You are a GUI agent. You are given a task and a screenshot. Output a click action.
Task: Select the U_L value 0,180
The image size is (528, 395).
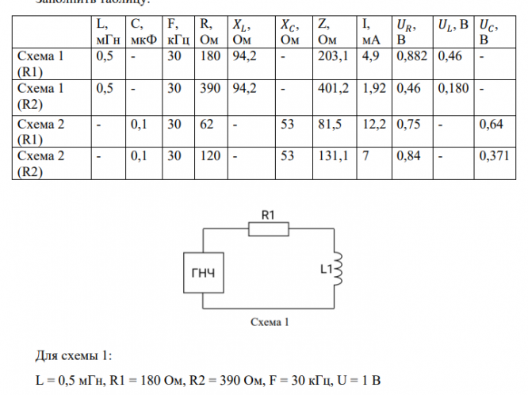pos(450,89)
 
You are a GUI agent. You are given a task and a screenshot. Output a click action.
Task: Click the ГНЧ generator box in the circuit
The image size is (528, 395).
pos(203,273)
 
